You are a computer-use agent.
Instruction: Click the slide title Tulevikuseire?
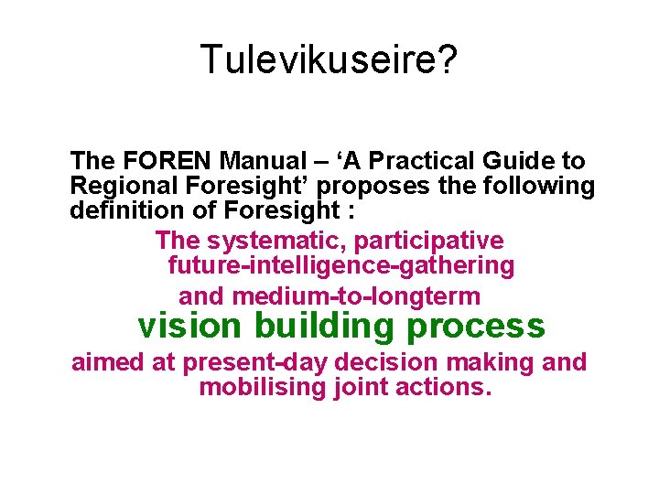[x=329, y=60]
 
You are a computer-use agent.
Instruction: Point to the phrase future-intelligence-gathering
[x=341, y=266]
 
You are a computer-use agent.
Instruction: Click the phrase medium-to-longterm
[x=356, y=296]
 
